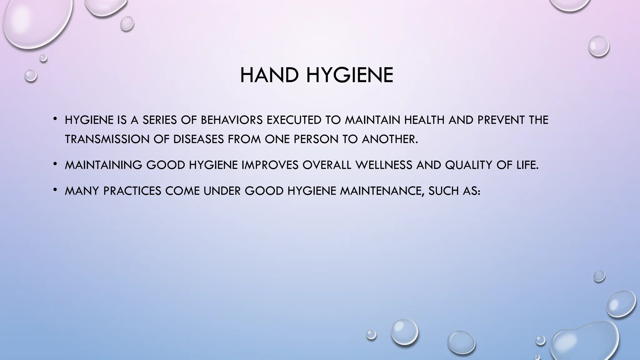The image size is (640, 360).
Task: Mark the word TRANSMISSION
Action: tap(107, 139)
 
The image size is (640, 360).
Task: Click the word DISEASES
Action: tap(198, 139)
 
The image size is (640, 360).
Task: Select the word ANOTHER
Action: tap(389, 139)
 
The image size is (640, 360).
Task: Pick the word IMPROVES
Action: tap(270, 165)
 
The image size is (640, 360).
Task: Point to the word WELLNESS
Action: tap(384, 165)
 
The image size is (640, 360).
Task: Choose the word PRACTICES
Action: tap(132, 191)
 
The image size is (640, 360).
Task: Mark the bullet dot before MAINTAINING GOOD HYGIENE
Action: tap(55, 163)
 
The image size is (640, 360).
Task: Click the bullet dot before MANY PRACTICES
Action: tap(55, 189)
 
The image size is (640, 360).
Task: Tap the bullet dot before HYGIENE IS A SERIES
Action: tap(55, 118)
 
